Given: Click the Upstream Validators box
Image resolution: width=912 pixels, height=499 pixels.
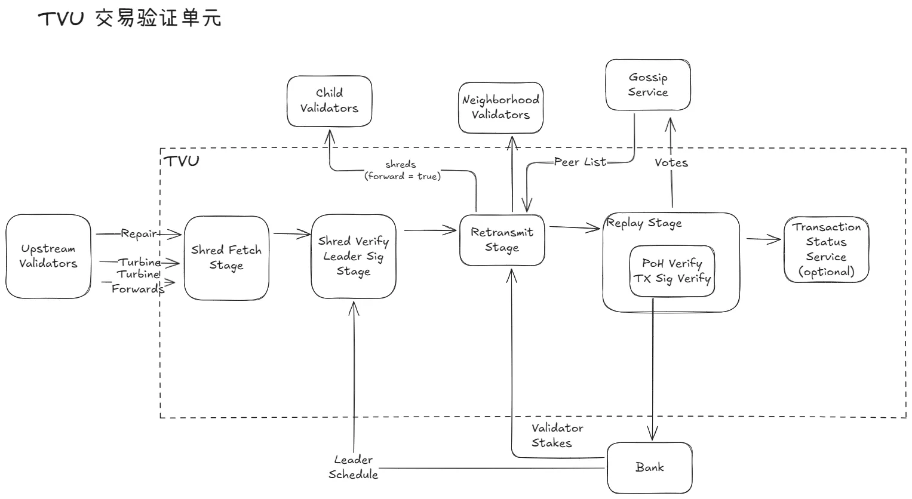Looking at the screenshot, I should click(48, 256).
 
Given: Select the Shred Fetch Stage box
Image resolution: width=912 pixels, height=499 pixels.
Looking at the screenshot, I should click(226, 257).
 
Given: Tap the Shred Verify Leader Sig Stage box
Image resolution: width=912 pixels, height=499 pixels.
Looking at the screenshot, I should click(353, 256).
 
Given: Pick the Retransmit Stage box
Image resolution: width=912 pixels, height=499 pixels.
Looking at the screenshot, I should click(502, 239).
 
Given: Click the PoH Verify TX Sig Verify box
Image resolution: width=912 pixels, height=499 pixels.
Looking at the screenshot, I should click(672, 270).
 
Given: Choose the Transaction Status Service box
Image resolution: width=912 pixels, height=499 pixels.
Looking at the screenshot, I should click(826, 249).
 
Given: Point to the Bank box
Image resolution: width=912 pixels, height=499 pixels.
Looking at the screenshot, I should click(649, 467).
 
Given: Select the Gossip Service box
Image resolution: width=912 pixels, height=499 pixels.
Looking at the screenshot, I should click(648, 85).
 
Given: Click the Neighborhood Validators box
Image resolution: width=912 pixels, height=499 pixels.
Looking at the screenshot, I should click(500, 107).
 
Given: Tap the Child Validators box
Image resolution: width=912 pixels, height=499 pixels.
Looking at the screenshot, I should click(329, 100).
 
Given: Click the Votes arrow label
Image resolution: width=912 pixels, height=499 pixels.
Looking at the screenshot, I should click(671, 162).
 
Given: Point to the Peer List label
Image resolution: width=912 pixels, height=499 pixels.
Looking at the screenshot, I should click(579, 162).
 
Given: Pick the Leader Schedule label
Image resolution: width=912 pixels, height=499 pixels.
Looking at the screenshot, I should click(353, 467).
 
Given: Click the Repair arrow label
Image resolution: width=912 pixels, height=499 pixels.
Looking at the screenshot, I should click(139, 233).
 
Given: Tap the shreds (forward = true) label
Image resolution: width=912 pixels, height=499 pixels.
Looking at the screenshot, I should click(402, 170).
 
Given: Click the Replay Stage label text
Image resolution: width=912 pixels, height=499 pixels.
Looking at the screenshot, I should click(644, 223).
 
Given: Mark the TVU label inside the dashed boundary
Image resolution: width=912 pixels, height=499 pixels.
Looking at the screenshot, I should click(181, 161).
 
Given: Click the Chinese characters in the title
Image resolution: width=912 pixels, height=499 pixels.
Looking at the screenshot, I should click(158, 19).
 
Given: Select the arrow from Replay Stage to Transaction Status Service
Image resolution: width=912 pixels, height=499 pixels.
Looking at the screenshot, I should click(763, 240).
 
